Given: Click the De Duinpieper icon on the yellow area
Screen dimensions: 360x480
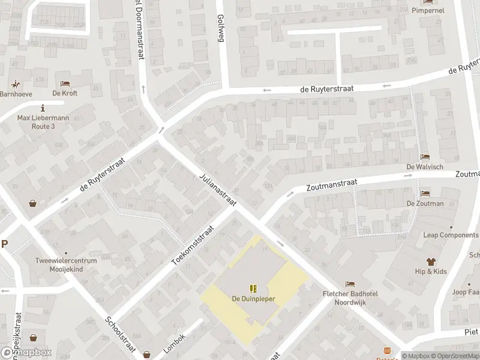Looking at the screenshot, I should coord(253,288).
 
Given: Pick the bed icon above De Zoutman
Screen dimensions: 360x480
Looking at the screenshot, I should coord(425,193).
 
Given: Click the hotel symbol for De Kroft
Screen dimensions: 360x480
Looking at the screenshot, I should coord(65,83).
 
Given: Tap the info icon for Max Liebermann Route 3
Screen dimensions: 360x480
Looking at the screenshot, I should coord(43,109).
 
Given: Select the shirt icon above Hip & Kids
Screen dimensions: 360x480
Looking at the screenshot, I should coord(430,261).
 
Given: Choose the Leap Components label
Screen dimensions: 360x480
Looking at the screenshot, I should coord(451,235).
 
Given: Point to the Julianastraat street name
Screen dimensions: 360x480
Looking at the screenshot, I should coord(217,191).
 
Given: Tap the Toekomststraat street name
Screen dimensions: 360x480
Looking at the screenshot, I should coord(193,246).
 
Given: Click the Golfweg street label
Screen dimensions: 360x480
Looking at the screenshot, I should coord(220,28).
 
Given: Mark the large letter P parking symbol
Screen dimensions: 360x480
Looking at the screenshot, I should coord(5,244).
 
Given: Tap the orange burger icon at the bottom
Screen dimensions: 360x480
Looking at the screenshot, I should coord(387,350).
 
